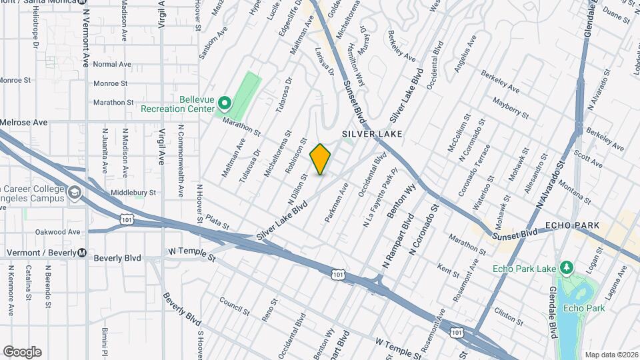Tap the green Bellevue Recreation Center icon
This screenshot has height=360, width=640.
[x=225, y=104]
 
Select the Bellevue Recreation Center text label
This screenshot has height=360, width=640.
[x=178, y=103]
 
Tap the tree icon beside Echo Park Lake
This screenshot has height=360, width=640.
[x=567, y=268]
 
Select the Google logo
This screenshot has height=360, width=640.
[x=22, y=352]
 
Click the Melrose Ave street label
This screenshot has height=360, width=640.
[x=24, y=123]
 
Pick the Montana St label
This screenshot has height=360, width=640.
[x=575, y=190]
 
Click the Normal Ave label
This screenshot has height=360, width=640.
[x=112, y=64]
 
